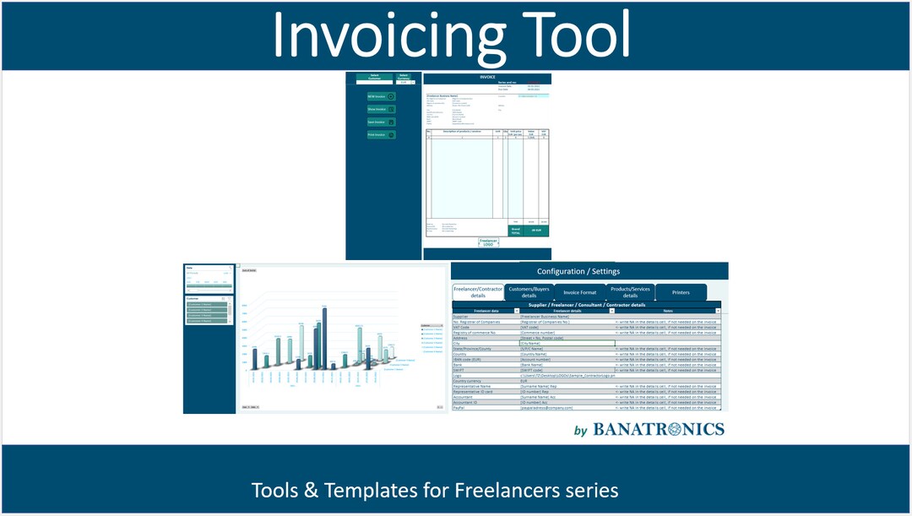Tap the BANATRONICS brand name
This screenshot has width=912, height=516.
pyautogui.click(x=659, y=429)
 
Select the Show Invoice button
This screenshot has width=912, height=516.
pyautogui.click(x=381, y=109)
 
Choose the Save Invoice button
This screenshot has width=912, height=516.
pyautogui.click(x=381, y=122)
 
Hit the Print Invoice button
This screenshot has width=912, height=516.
pyautogui.click(x=381, y=135)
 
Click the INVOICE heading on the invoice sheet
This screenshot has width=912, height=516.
pyautogui.click(x=487, y=77)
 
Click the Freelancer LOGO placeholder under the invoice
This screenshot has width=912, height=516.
pyautogui.click(x=489, y=242)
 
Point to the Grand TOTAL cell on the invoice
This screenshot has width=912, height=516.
pyautogui.click(x=515, y=230)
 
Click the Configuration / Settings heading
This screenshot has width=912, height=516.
pyautogui.click(x=578, y=271)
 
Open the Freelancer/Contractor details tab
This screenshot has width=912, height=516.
pyautogui.click(x=478, y=292)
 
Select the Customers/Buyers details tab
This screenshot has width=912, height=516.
pyautogui.click(x=529, y=292)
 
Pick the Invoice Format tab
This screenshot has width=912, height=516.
pyautogui.click(x=580, y=292)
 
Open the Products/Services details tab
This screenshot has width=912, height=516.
pyautogui.click(x=630, y=292)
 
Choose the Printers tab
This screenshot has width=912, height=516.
pyautogui.click(x=681, y=292)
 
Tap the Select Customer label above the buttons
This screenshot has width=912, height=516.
pyautogui.click(x=374, y=77)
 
